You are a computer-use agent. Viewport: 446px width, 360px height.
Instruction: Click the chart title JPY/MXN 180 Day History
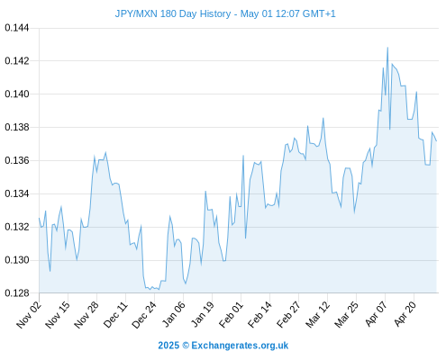(x=173, y=13)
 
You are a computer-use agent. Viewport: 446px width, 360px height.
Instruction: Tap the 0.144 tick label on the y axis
(x=17, y=28)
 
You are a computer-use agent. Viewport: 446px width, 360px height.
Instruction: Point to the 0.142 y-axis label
(x=17, y=61)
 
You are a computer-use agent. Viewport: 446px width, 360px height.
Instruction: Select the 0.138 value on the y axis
(x=17, y=127)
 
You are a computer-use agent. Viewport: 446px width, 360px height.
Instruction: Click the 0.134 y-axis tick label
(x=17, y=193)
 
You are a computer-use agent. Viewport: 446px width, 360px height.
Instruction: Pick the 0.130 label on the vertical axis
(x=17, y=260)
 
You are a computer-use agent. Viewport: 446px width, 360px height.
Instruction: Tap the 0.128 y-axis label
(x=17, y=293)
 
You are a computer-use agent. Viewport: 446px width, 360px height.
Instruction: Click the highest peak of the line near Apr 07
(x=387, y=48)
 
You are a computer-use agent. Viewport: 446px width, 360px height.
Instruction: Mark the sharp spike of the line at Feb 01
(x=243, y=156)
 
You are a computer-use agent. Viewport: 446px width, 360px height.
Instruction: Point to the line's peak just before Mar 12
(x=323, y=118)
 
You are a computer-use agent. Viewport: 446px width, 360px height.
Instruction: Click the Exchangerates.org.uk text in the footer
(x=240, y=346)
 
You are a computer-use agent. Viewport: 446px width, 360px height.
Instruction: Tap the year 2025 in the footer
(x=168, y=346)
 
